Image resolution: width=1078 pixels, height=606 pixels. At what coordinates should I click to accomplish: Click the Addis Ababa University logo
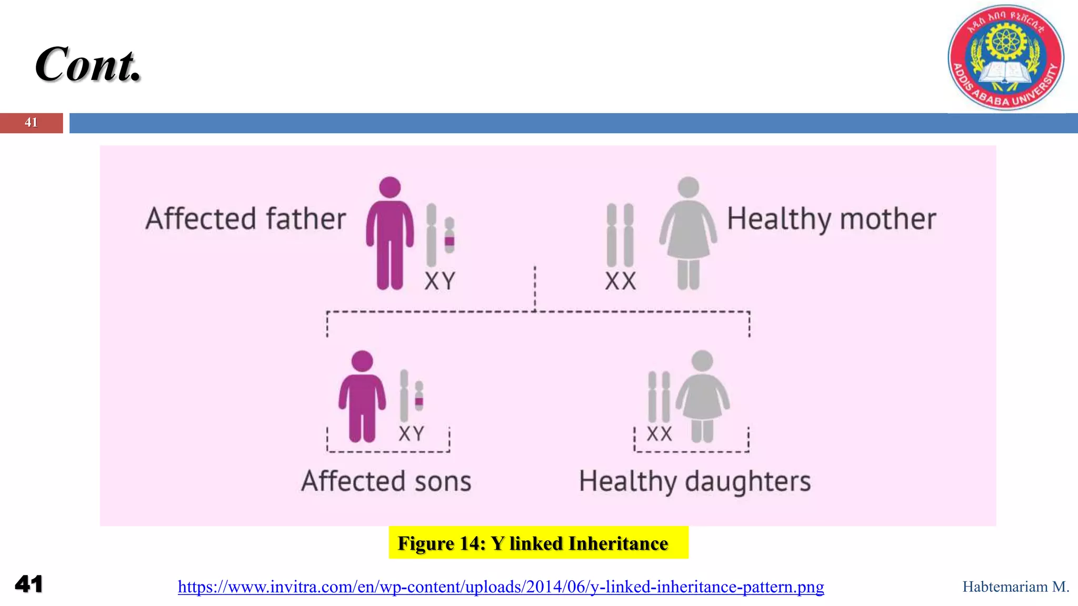[1005, 57]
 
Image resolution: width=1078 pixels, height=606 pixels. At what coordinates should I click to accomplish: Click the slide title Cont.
[88, 65]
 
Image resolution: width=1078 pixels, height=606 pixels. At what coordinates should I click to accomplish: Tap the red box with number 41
[31, 123]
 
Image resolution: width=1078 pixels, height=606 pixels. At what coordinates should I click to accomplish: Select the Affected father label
[246, 219]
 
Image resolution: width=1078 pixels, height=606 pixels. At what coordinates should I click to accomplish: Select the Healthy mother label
[831, 219]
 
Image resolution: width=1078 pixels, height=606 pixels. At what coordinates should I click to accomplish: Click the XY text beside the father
[440, 281]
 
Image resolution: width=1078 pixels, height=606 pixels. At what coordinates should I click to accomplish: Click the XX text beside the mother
[621, 281]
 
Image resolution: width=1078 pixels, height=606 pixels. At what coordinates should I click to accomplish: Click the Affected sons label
[386, 481]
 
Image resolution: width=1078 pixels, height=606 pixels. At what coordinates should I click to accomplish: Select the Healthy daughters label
[695, 481]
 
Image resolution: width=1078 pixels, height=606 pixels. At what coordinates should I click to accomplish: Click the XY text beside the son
[411, 434]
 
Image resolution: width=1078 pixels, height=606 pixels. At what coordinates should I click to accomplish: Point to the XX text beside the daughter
[659, 434]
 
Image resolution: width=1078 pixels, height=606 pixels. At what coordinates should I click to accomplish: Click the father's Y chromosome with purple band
[450, 235]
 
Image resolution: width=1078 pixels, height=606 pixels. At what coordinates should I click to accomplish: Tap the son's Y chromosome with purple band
[419, 396]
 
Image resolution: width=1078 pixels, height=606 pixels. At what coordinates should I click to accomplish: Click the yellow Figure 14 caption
[538, 543]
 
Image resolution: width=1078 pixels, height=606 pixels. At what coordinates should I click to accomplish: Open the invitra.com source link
[501, 587]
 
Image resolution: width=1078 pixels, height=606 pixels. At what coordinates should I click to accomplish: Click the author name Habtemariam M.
[1015, 587]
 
